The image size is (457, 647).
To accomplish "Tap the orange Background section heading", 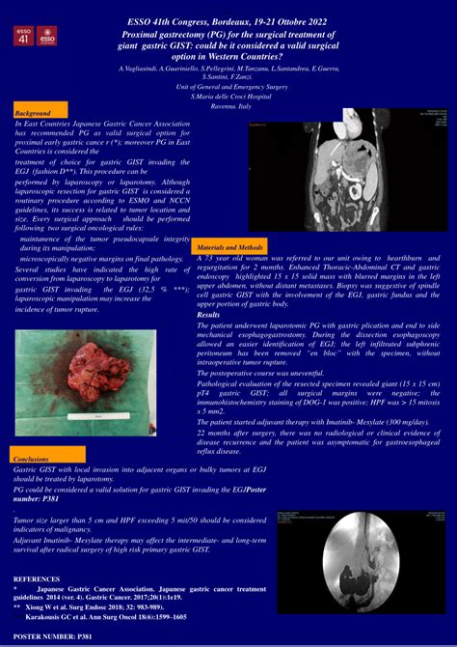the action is point(34,113).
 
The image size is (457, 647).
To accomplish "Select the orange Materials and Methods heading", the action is point(230,247).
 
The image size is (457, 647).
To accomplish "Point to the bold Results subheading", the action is point(208,315).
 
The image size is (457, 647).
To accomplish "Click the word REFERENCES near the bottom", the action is point(37,578).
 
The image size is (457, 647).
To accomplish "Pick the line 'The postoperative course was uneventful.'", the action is point(260,372).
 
